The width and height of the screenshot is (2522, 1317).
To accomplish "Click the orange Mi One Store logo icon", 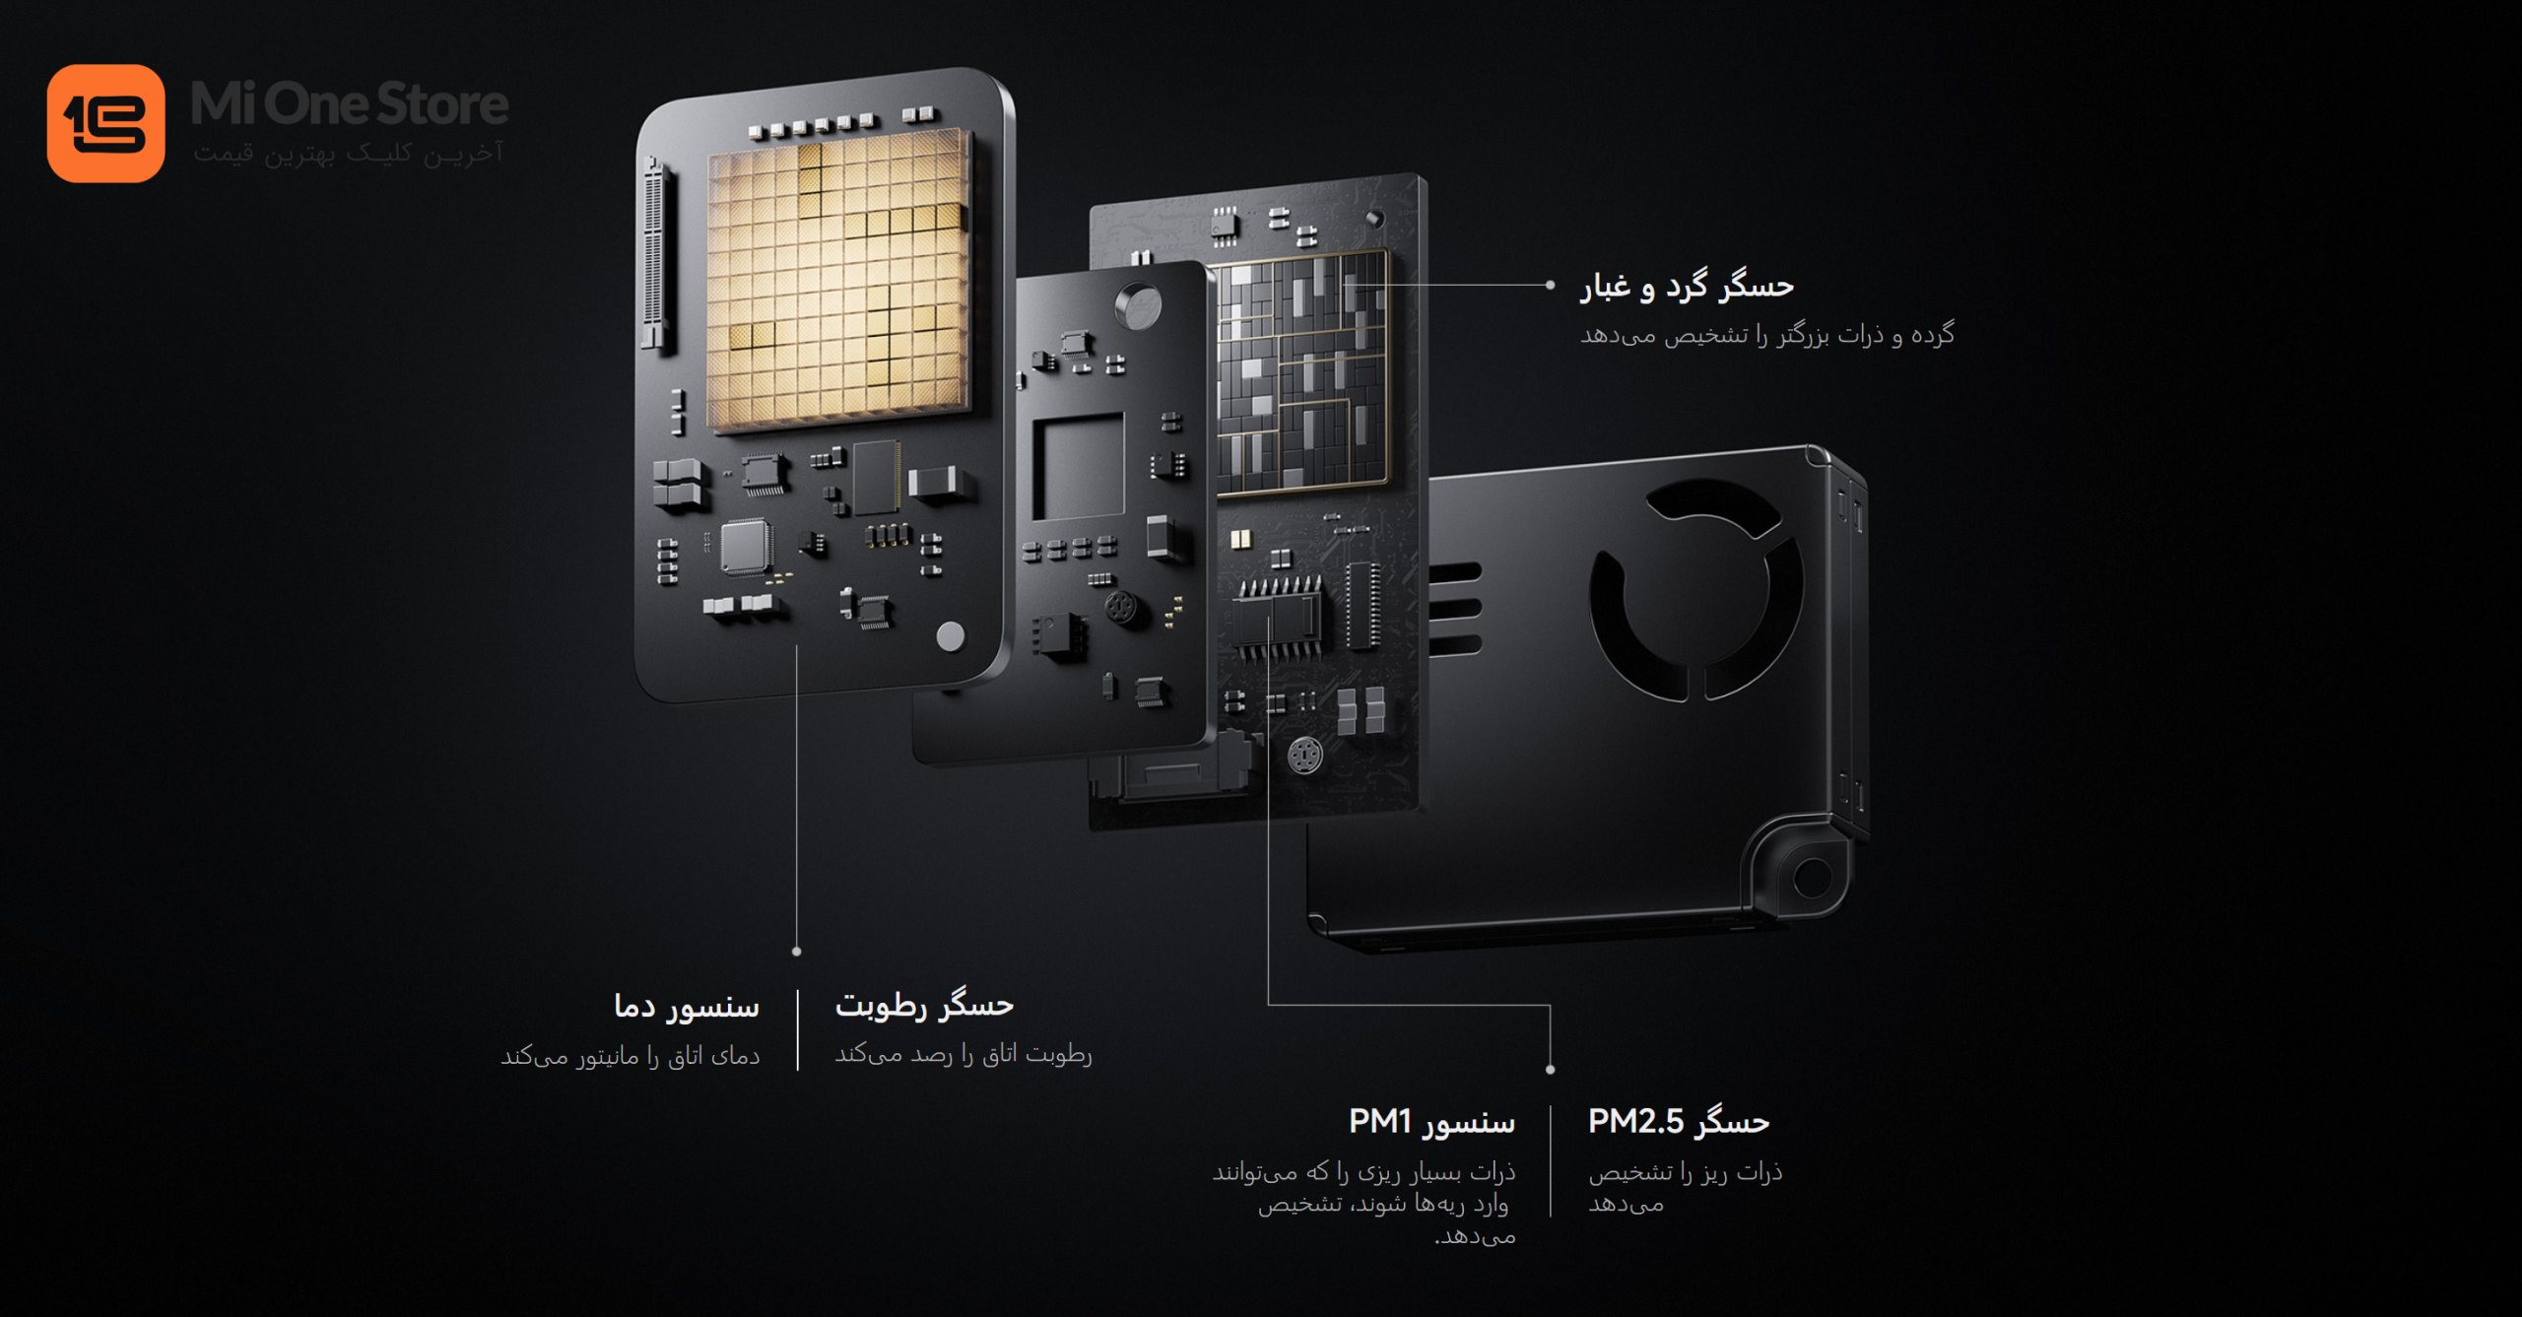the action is [105, 123].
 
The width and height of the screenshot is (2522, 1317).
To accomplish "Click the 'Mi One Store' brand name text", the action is [350, 104].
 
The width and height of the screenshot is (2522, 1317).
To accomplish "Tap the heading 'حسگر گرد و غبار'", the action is [1688, 286].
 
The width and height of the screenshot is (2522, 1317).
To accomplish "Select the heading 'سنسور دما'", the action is [687, 1006].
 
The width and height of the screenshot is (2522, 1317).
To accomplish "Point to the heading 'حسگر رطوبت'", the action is [924, 1005].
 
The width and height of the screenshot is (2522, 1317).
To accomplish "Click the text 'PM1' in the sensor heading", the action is [1380, 1121].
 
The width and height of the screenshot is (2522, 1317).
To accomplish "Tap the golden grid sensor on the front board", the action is [837, 282].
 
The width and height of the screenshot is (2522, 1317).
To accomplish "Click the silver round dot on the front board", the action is [950, 636].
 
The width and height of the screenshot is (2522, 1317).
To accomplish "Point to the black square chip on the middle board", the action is [1079, 466].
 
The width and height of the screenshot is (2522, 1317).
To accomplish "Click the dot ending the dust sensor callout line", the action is [1550, 286].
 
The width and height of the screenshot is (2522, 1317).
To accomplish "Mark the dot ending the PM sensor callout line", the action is [1551, 1070].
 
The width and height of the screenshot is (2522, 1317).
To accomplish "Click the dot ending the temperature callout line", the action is [797, 952].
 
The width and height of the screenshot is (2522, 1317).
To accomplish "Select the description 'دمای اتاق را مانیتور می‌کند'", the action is [630, 1056].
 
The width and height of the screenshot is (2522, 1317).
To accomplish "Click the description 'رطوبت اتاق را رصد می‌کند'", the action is [963, 1054].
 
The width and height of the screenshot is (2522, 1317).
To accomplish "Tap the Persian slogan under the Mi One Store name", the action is [349, 154].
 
